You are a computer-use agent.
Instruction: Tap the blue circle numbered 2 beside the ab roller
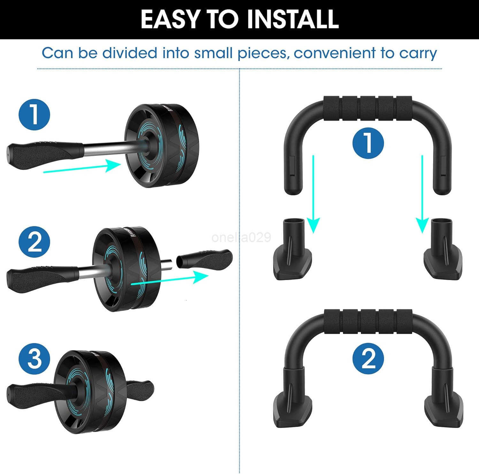click(x=34, y=242)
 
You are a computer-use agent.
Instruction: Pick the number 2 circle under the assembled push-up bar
click(x=368, y=358)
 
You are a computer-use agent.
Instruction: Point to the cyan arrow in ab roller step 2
click(x=170, y=279)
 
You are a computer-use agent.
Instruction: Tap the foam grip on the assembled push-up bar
click(x=368, y=322)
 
